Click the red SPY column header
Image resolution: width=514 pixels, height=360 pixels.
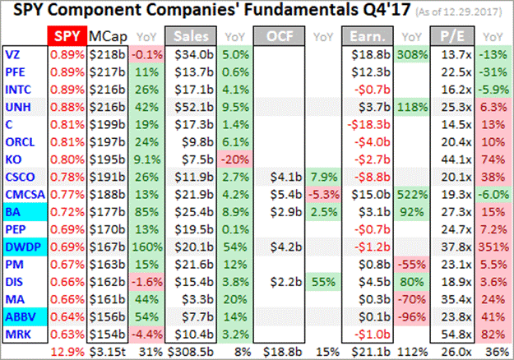pyautogui.click(x=67, y=37)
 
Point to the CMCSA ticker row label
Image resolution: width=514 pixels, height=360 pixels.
pyautogui.click(x=24, y=194)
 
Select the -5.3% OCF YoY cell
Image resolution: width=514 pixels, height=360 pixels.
pyautogui.click(x=320, y=194)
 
